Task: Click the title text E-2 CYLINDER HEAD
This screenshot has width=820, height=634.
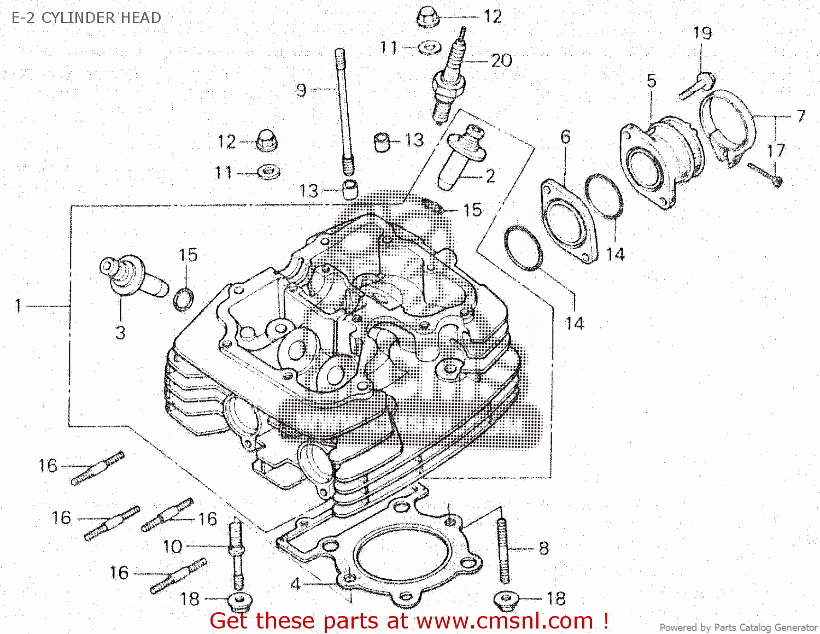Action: click(x=86, y=17)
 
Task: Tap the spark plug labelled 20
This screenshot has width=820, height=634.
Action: click(x=449, y=82)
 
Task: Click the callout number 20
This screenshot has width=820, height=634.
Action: click(x=501, y=60)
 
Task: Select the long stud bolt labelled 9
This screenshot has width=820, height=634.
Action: click(x=343, y=109)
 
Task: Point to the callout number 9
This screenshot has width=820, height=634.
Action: click(x=301, y=90)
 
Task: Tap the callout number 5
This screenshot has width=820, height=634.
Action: click(x=651, y=81)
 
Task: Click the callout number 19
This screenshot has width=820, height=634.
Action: click(x=702, y=33)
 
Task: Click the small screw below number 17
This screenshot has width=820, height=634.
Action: click(x=765, y=174)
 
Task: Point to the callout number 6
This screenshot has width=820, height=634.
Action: click(x=565, y=137)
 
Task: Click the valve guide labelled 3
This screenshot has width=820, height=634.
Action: click(x=134, y=276)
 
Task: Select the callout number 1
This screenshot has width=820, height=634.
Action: click(x=18, y=306)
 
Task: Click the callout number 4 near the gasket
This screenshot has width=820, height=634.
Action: click(x=295, y=584)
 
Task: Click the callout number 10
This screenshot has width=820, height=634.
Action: click(x=172, y=546)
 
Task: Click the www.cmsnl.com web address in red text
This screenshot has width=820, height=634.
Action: click(x=505, y=621)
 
